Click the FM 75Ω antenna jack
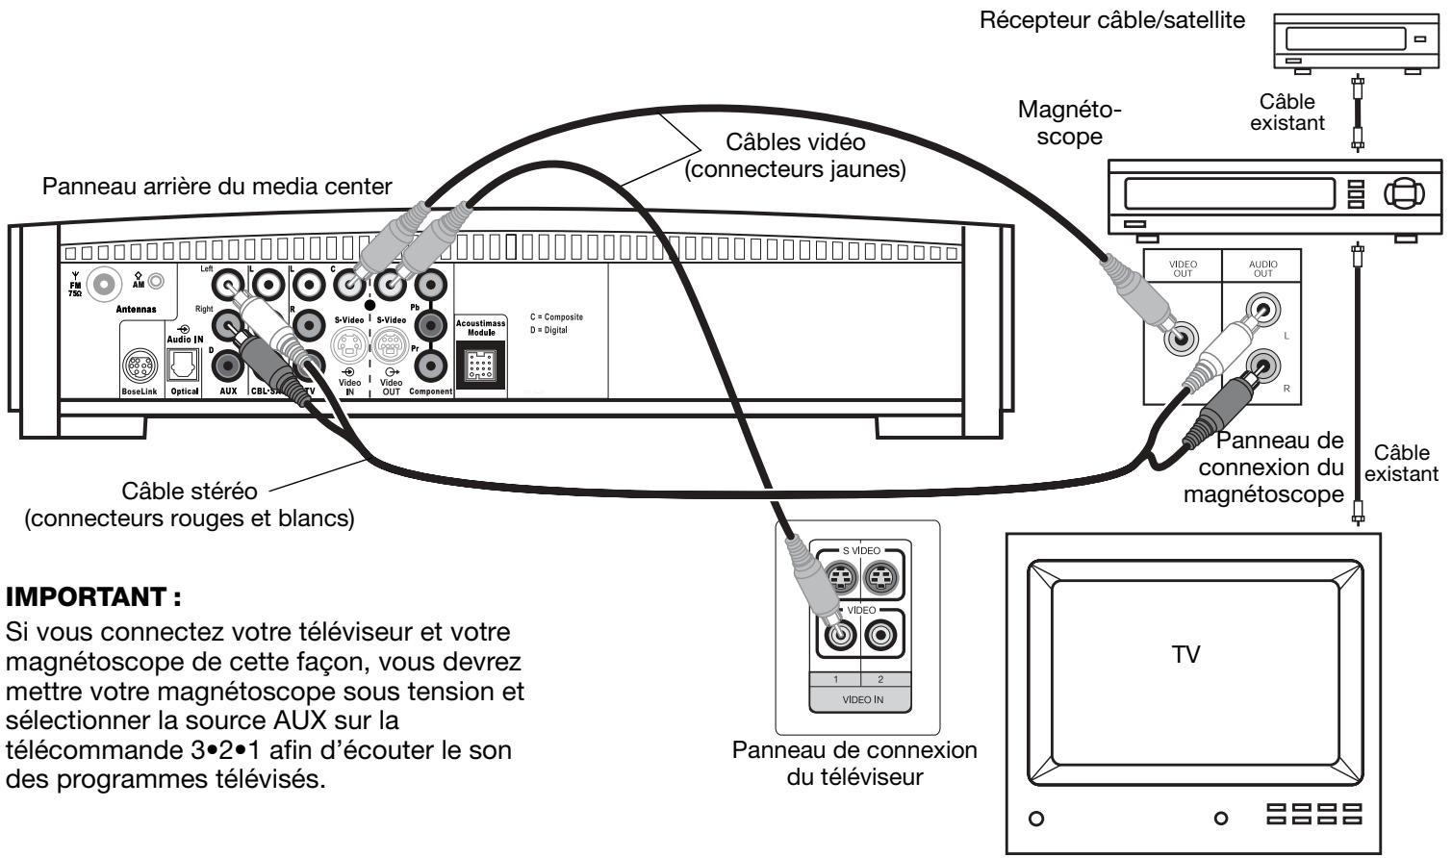click(x=100, y=285)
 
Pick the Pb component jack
click(x=431, y=285)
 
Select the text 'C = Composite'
click(x=555, y=317)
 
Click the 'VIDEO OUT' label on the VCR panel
click(x=1182, y=268)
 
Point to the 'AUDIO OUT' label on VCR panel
click(x=1261, y=268)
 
